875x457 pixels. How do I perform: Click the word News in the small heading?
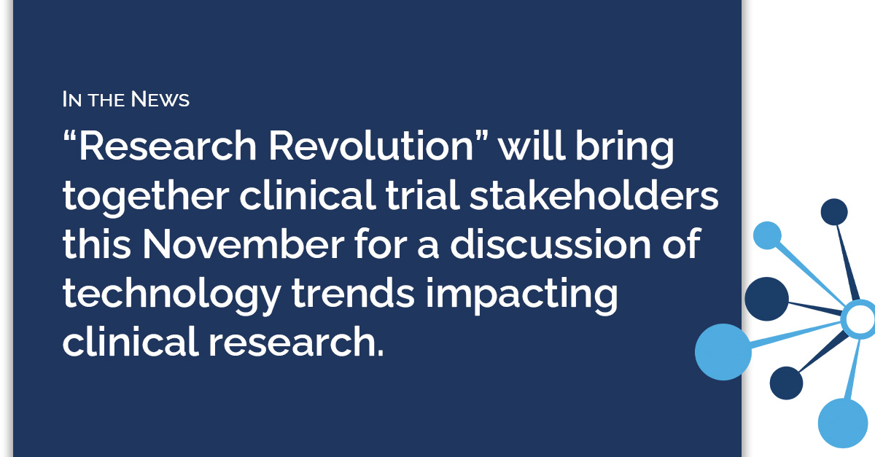point(160,99)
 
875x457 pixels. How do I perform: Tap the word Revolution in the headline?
point(371,146)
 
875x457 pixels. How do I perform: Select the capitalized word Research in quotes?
point(168,146)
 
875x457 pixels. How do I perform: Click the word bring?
point(625,150)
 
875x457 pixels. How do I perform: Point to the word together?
point(146,198)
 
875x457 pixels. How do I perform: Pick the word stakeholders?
point(594,195)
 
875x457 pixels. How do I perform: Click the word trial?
point(422,195)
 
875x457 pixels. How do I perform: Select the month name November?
point(244,244)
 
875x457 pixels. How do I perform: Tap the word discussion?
point(551,243)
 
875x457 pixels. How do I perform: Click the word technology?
point(172,297)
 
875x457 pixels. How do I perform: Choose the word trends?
point(353,293)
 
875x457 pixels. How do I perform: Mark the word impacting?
point(522,297)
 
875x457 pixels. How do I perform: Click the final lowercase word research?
point(296,342)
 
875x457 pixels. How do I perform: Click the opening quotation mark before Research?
point(69,138)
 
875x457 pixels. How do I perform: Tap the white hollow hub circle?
point(859,319)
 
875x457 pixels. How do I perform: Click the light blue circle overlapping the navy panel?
point(723,352)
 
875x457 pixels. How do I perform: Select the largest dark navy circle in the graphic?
point(767,299)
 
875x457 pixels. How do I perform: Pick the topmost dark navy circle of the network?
point(834,212)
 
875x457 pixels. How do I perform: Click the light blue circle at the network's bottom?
point(843,423)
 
